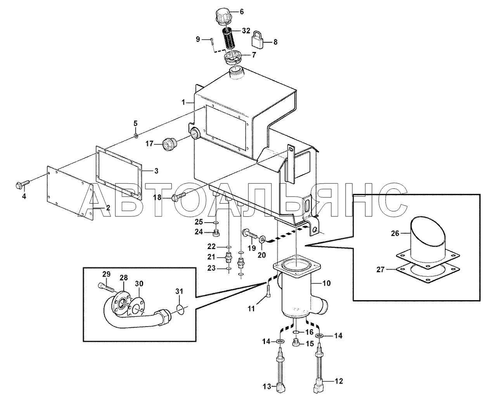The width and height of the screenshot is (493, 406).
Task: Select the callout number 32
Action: (246, 31)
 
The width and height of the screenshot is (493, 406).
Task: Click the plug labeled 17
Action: (169, 144)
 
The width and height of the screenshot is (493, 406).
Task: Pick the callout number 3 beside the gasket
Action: (156, 171)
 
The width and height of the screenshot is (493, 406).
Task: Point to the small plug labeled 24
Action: (216, 233)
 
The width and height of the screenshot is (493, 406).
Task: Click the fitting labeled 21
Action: (228, 258)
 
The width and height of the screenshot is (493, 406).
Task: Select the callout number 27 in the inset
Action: (381, 270)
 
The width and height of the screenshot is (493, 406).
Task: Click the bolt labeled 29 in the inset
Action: (106, 289)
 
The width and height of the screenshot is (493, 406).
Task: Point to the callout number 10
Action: (327, 283)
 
